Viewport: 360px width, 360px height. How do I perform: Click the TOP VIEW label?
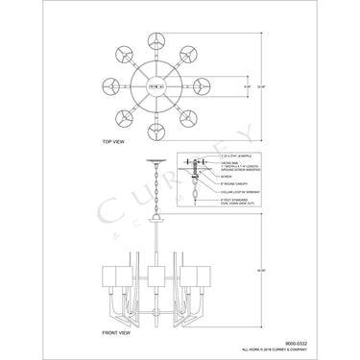tap(113, 141)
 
